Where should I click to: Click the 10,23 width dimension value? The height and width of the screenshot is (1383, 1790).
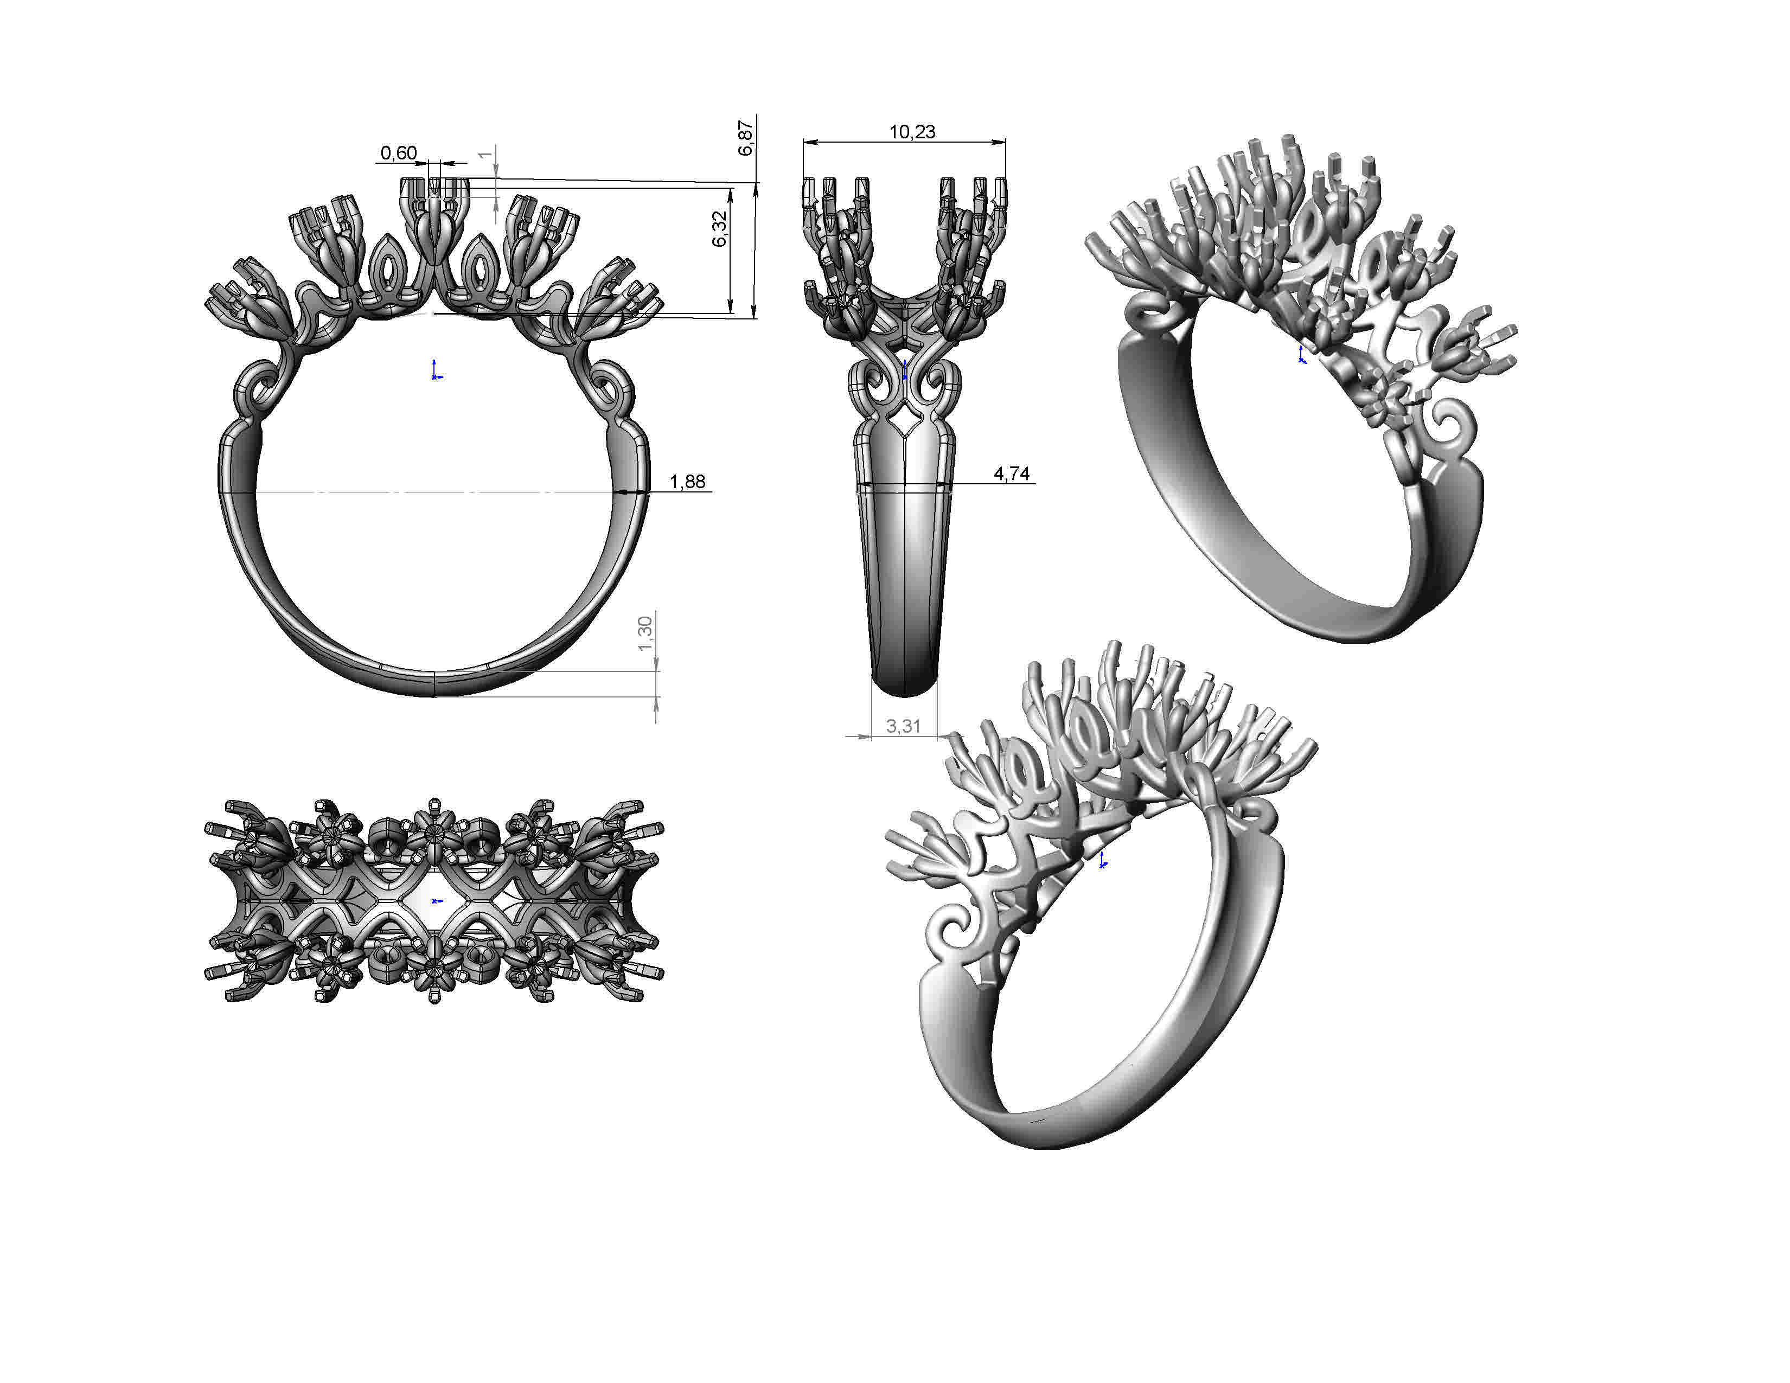[911, 132]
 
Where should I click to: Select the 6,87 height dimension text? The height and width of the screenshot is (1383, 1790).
[745, 138]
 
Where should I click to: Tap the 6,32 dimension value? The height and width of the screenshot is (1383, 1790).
[720, 228]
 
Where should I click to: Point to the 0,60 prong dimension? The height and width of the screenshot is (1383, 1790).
[398, 153]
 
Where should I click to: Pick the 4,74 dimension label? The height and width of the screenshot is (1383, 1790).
[1012, 473]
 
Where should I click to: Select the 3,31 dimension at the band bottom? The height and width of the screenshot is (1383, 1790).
[903, 726]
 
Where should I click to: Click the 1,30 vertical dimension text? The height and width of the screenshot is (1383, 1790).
[645, 633]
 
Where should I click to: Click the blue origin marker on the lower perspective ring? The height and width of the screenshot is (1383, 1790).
[1103, 860]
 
